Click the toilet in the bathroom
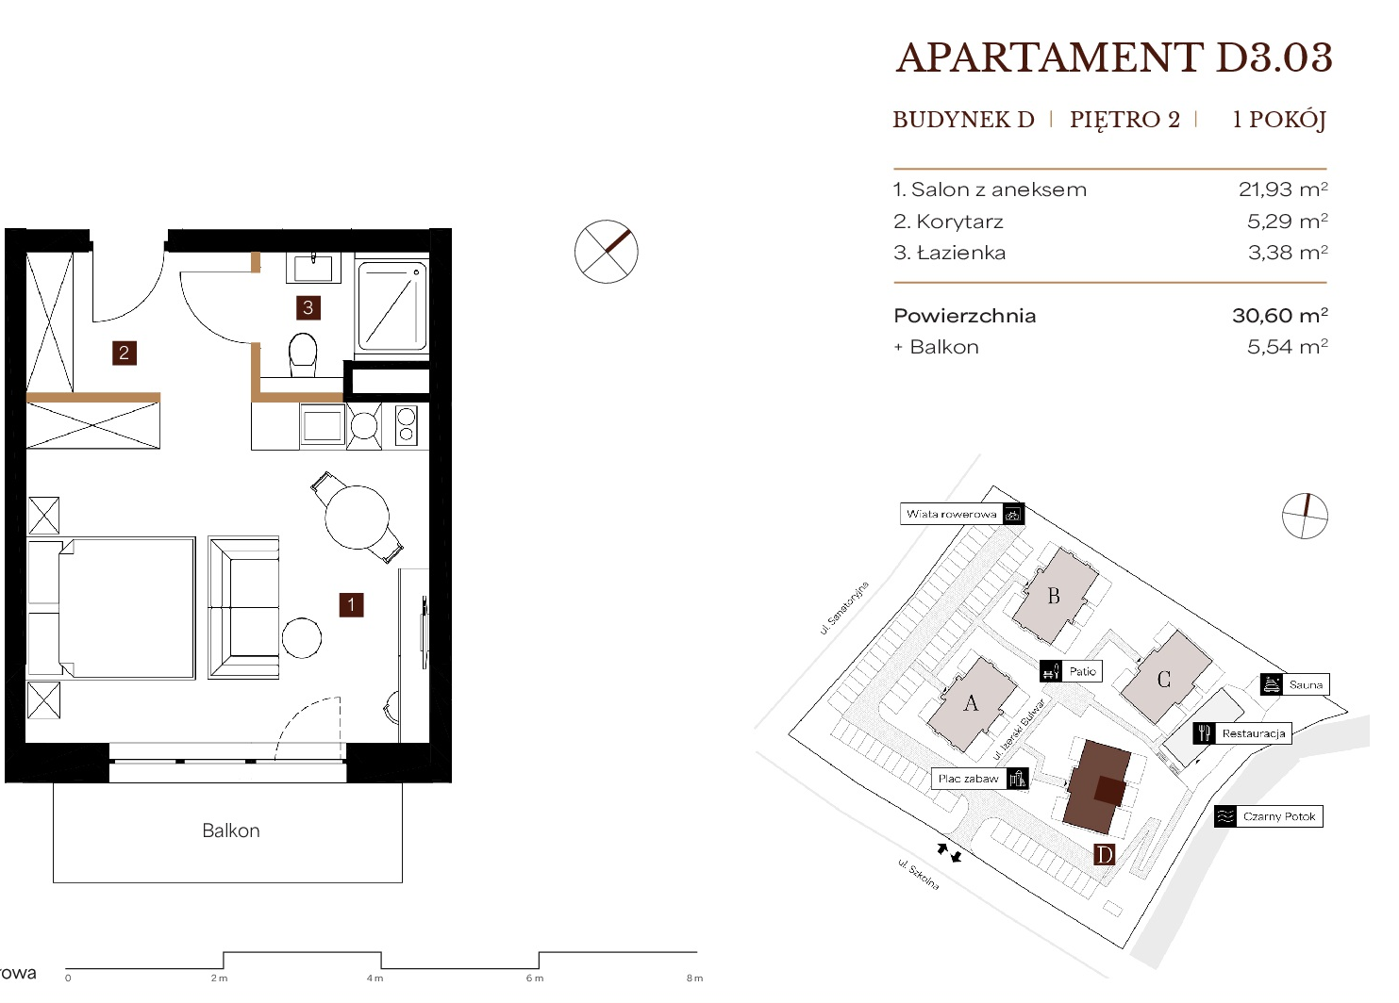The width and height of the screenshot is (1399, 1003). pos(304,354)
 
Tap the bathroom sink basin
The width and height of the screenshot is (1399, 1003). pos(313,269)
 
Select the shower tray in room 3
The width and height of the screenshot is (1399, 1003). pos(392,305)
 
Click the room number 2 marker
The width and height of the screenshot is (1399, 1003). pos(125,354)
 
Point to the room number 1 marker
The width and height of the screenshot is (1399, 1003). pos(351,605)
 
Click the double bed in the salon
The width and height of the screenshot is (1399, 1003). pos(111,607)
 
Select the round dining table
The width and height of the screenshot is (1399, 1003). pos(357,518)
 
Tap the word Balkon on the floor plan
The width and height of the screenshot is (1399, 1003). pos(231,830)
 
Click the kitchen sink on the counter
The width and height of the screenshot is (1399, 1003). pos(323,426)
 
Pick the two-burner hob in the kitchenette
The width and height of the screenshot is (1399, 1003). pos(407,425)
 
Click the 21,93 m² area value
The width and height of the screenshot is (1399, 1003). pos(1283,189)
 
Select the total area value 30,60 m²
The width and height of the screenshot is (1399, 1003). pos(1280,315)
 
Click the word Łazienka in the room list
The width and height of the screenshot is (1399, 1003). pos(961,253)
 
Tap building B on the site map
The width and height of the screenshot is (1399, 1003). pos(1055,596)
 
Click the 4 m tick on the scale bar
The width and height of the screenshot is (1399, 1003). pos(382,961)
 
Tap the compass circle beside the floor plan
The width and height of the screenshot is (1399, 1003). pos(607,252)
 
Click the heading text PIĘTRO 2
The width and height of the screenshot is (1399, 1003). pos(1124,119)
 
